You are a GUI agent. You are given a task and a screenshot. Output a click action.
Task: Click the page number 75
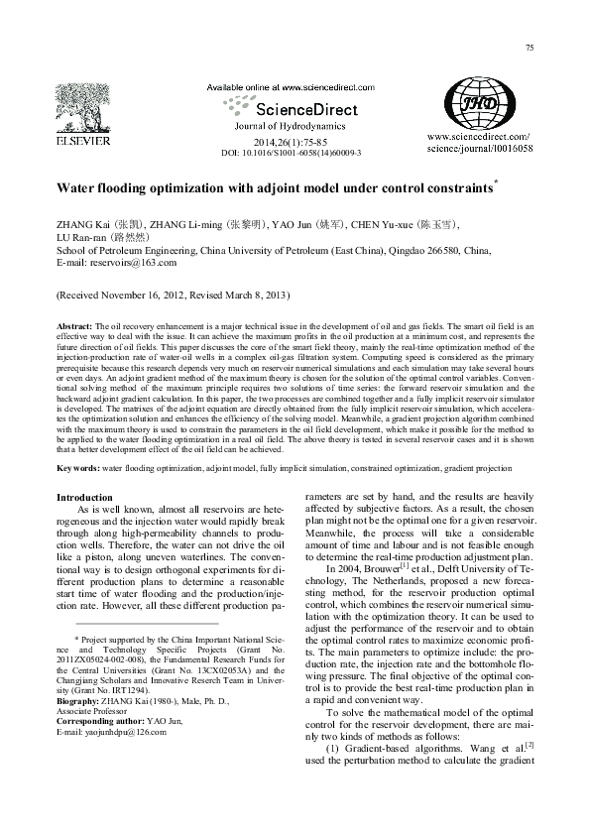(x=530, y=48)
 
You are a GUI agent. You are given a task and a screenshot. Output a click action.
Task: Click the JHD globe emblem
(x=479, y=101)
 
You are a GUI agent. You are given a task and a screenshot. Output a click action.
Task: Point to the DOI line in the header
(x=290, y=154)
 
